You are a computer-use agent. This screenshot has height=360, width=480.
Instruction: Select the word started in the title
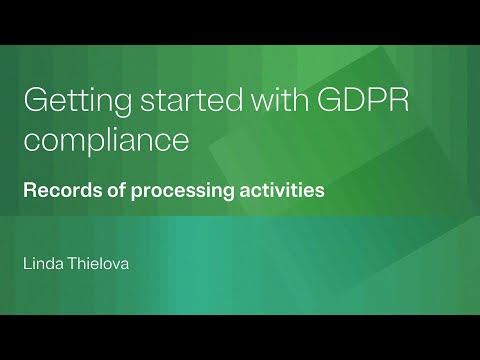coord(174,104)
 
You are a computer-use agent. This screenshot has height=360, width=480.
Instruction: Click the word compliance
coord(106,140)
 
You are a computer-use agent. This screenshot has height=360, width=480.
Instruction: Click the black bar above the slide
coord(240,22)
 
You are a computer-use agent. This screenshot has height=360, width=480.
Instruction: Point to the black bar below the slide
coord(240,337)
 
